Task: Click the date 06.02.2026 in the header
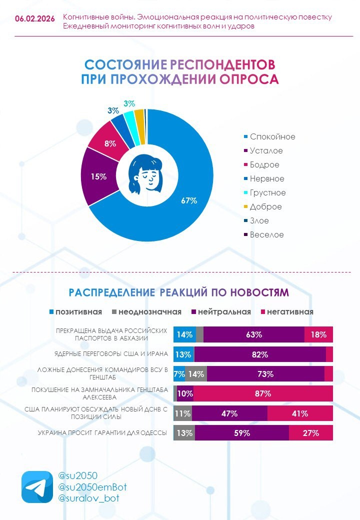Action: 35,18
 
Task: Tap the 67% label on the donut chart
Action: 189,200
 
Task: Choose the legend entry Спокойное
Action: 272,136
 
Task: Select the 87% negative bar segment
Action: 263,393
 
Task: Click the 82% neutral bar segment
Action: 260,354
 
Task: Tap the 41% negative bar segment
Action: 300,413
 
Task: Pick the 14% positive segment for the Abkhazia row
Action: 184,334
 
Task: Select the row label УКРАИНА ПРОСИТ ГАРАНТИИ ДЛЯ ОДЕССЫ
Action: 102,432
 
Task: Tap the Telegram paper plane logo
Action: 36,486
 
